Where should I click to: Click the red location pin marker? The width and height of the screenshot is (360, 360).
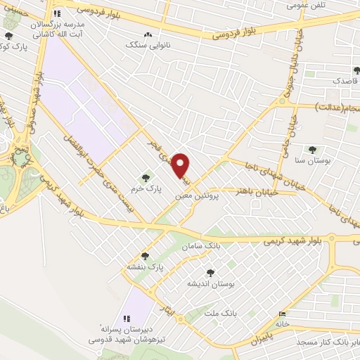[x=181, y=165]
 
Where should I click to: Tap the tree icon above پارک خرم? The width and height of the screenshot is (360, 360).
[x=146, y=178]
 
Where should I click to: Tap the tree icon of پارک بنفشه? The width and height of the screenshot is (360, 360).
[x=145, y=256]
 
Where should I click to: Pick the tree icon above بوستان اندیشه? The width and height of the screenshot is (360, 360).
[x=210, y=272]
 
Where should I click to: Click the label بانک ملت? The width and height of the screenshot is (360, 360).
[x=219, y=311]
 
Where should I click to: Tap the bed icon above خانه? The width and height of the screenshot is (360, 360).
[x=283, y=314]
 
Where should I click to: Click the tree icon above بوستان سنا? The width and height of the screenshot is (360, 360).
[x=311, y=150]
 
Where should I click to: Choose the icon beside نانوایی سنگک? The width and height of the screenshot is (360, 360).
[x=147, y=35]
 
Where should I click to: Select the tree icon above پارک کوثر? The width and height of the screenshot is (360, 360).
[x=8, y=37]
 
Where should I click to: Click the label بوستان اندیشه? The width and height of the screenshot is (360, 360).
[x=209, y=284]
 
